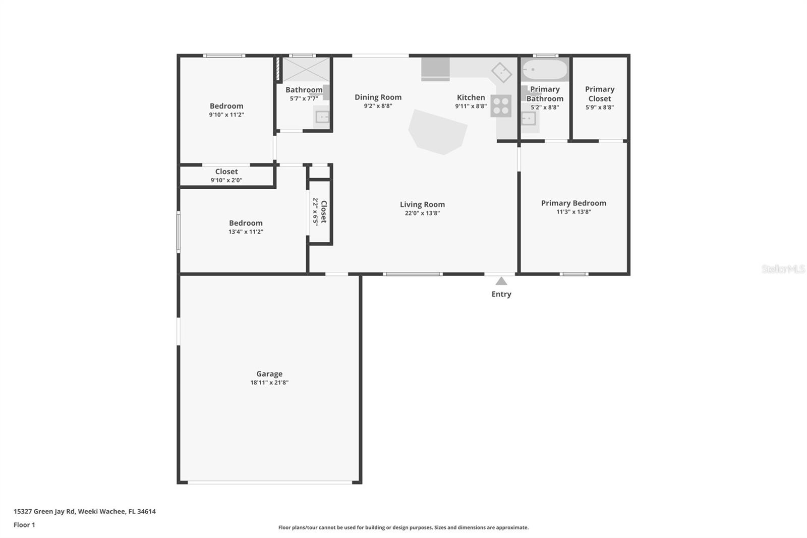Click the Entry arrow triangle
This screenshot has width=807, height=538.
pos(501,281)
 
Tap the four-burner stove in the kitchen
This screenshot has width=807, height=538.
pos(501,106)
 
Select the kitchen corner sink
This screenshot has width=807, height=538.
pos(501,73)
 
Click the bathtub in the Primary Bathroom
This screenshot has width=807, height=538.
pos(545,70)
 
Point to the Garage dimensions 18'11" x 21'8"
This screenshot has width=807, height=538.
pos(269,383)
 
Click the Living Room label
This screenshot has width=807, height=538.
pos(422,204)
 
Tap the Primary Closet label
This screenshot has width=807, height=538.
pos(599,94)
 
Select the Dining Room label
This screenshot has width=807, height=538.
pos(378,97)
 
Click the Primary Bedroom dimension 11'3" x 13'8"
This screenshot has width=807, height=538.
pos(573,212)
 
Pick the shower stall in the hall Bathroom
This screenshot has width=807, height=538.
pos(306,69)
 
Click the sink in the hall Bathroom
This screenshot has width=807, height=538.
pos(322,117)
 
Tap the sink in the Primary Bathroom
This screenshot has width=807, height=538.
pos(528,119)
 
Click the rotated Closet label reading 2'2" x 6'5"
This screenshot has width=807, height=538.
pos(320,211)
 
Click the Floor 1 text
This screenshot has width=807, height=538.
pos(24,525)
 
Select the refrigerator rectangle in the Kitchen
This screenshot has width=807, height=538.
pos(435,69)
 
